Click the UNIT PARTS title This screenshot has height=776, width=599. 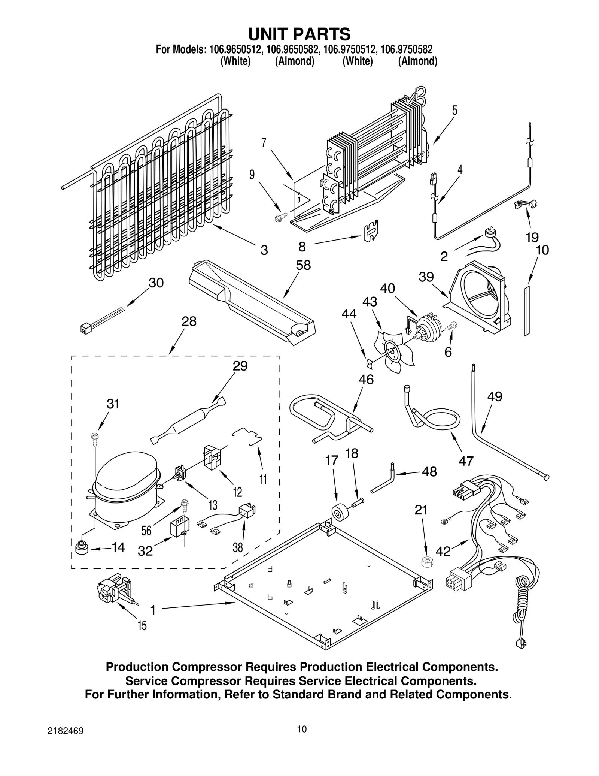299,34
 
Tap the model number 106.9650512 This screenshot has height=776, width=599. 236,49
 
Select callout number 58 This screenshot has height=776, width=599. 303,265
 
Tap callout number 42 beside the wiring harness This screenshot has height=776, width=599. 443,551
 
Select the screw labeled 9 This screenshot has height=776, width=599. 280,216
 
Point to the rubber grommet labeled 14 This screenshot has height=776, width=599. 82,549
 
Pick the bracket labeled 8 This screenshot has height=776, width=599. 370,231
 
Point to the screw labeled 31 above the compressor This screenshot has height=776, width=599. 95,438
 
